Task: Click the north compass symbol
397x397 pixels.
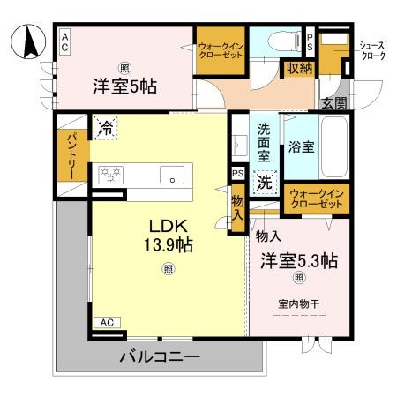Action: [x=28, y=41]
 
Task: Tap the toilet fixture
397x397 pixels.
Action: [x=283, y=41]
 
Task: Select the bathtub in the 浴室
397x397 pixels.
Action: [x=333, y=147]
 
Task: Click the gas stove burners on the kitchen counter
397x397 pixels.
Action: [x=110, y=175]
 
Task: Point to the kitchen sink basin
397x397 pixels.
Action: [x=172, y=175]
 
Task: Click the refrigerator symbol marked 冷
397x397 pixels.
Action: [x=106, y=128]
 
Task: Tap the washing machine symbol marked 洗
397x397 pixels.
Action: [x=265, y=183]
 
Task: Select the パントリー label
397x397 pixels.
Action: [x=72, y=156]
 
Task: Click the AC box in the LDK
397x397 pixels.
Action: [x=107, y=323]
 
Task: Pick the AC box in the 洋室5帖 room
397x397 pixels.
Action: [x=64, y=41]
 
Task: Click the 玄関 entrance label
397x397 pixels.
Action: [x=334, y=102]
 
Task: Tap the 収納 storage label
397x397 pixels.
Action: [x=299, y=69]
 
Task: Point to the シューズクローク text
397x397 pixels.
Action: [x=373, y=51]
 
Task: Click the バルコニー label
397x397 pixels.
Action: [x=161, y=356]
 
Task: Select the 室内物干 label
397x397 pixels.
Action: [x=299, y=303]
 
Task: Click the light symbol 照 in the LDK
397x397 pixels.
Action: [x=169, y=269]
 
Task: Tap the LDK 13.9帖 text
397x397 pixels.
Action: [x=169, y=236]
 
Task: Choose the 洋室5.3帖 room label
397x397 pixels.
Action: [x=299, y=260]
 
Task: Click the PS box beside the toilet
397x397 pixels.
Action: [x=310, y=42]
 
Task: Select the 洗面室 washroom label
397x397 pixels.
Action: [x=264, y=142]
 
